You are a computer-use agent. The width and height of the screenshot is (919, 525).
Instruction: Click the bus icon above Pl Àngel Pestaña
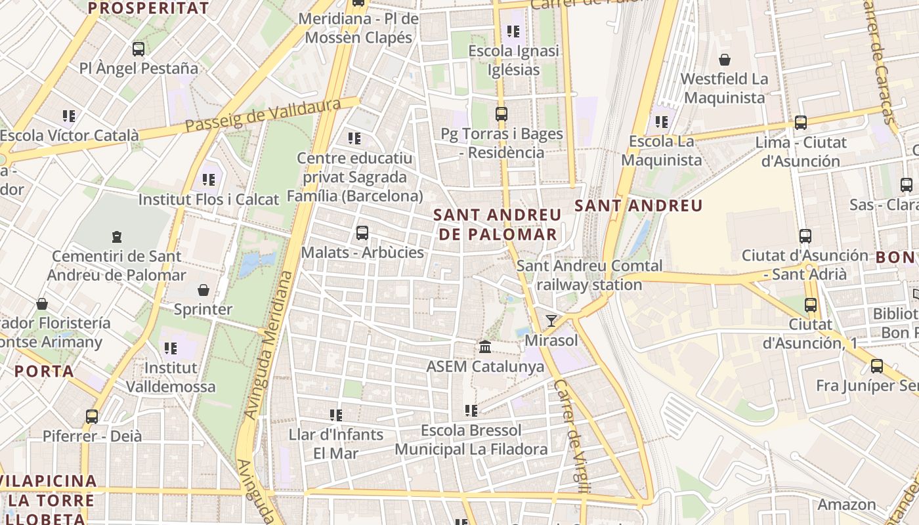139,49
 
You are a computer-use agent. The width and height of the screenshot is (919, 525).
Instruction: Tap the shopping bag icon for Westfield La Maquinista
725,60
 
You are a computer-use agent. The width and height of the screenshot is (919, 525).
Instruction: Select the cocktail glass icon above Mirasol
551,320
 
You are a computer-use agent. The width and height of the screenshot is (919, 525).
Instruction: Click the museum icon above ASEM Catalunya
485,346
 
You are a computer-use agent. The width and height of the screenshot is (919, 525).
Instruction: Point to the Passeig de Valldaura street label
263,115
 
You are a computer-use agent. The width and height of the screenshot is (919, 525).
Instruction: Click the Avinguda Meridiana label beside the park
268,345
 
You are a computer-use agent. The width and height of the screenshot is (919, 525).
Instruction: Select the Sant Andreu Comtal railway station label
589,275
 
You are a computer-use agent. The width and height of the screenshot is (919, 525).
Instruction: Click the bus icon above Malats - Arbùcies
362,232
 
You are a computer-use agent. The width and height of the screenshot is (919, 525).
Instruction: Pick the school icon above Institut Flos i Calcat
209,179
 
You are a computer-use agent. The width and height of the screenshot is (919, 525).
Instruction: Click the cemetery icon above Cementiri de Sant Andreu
117,236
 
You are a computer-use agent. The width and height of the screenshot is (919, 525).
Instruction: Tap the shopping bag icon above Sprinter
203,289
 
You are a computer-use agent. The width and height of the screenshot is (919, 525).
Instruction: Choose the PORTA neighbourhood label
45,371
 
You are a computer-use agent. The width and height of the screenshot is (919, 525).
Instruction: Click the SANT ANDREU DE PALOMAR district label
498,224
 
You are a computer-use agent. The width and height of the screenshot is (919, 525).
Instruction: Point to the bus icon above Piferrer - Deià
92,416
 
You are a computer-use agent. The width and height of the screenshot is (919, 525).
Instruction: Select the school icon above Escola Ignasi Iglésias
513,31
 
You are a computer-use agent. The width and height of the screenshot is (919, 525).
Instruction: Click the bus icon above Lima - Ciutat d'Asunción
801,122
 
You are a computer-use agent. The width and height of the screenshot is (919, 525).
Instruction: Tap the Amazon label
846,504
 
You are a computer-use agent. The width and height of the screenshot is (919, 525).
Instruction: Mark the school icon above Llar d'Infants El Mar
336,415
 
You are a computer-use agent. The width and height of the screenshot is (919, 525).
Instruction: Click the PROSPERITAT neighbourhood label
148,9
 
